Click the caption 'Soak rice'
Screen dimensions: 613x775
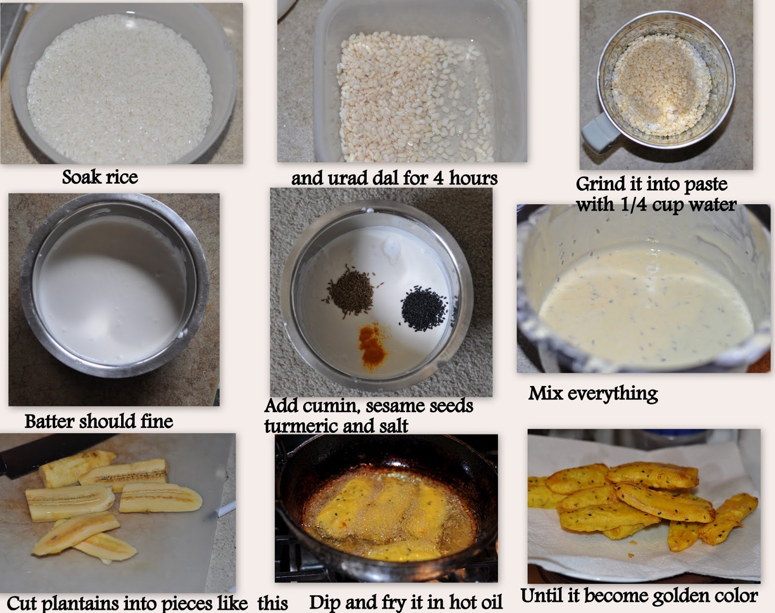(100, 177)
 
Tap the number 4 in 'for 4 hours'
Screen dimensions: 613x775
(438, 178)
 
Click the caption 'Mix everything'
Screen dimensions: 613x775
(593, 393)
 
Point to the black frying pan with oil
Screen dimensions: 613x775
(385, 508)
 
